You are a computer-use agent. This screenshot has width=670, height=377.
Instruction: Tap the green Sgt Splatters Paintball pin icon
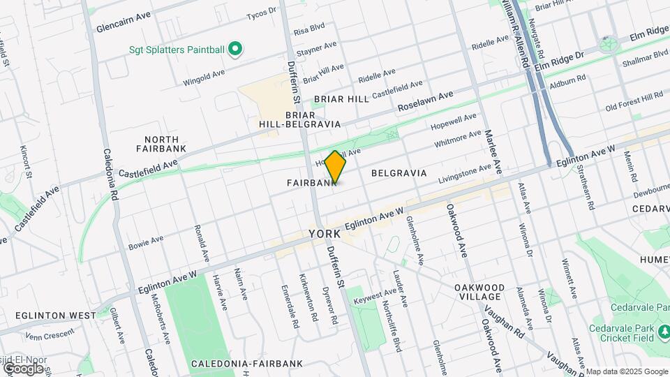point(236,49)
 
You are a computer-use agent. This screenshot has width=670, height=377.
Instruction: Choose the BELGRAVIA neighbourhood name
point(399,172)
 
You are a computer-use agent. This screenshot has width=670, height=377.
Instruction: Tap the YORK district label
point(325,235)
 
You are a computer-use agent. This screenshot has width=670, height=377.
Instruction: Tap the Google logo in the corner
point(23,368)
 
